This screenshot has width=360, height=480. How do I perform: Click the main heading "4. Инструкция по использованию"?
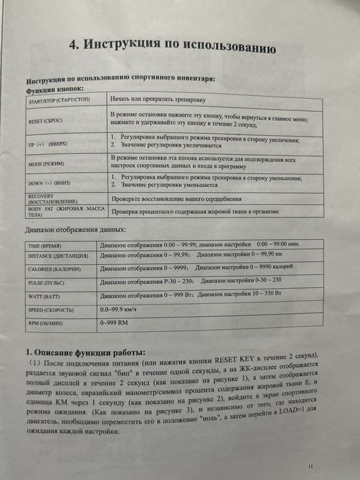pos(173,47)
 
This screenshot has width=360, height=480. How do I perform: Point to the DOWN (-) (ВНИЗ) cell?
pos(49,182)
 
